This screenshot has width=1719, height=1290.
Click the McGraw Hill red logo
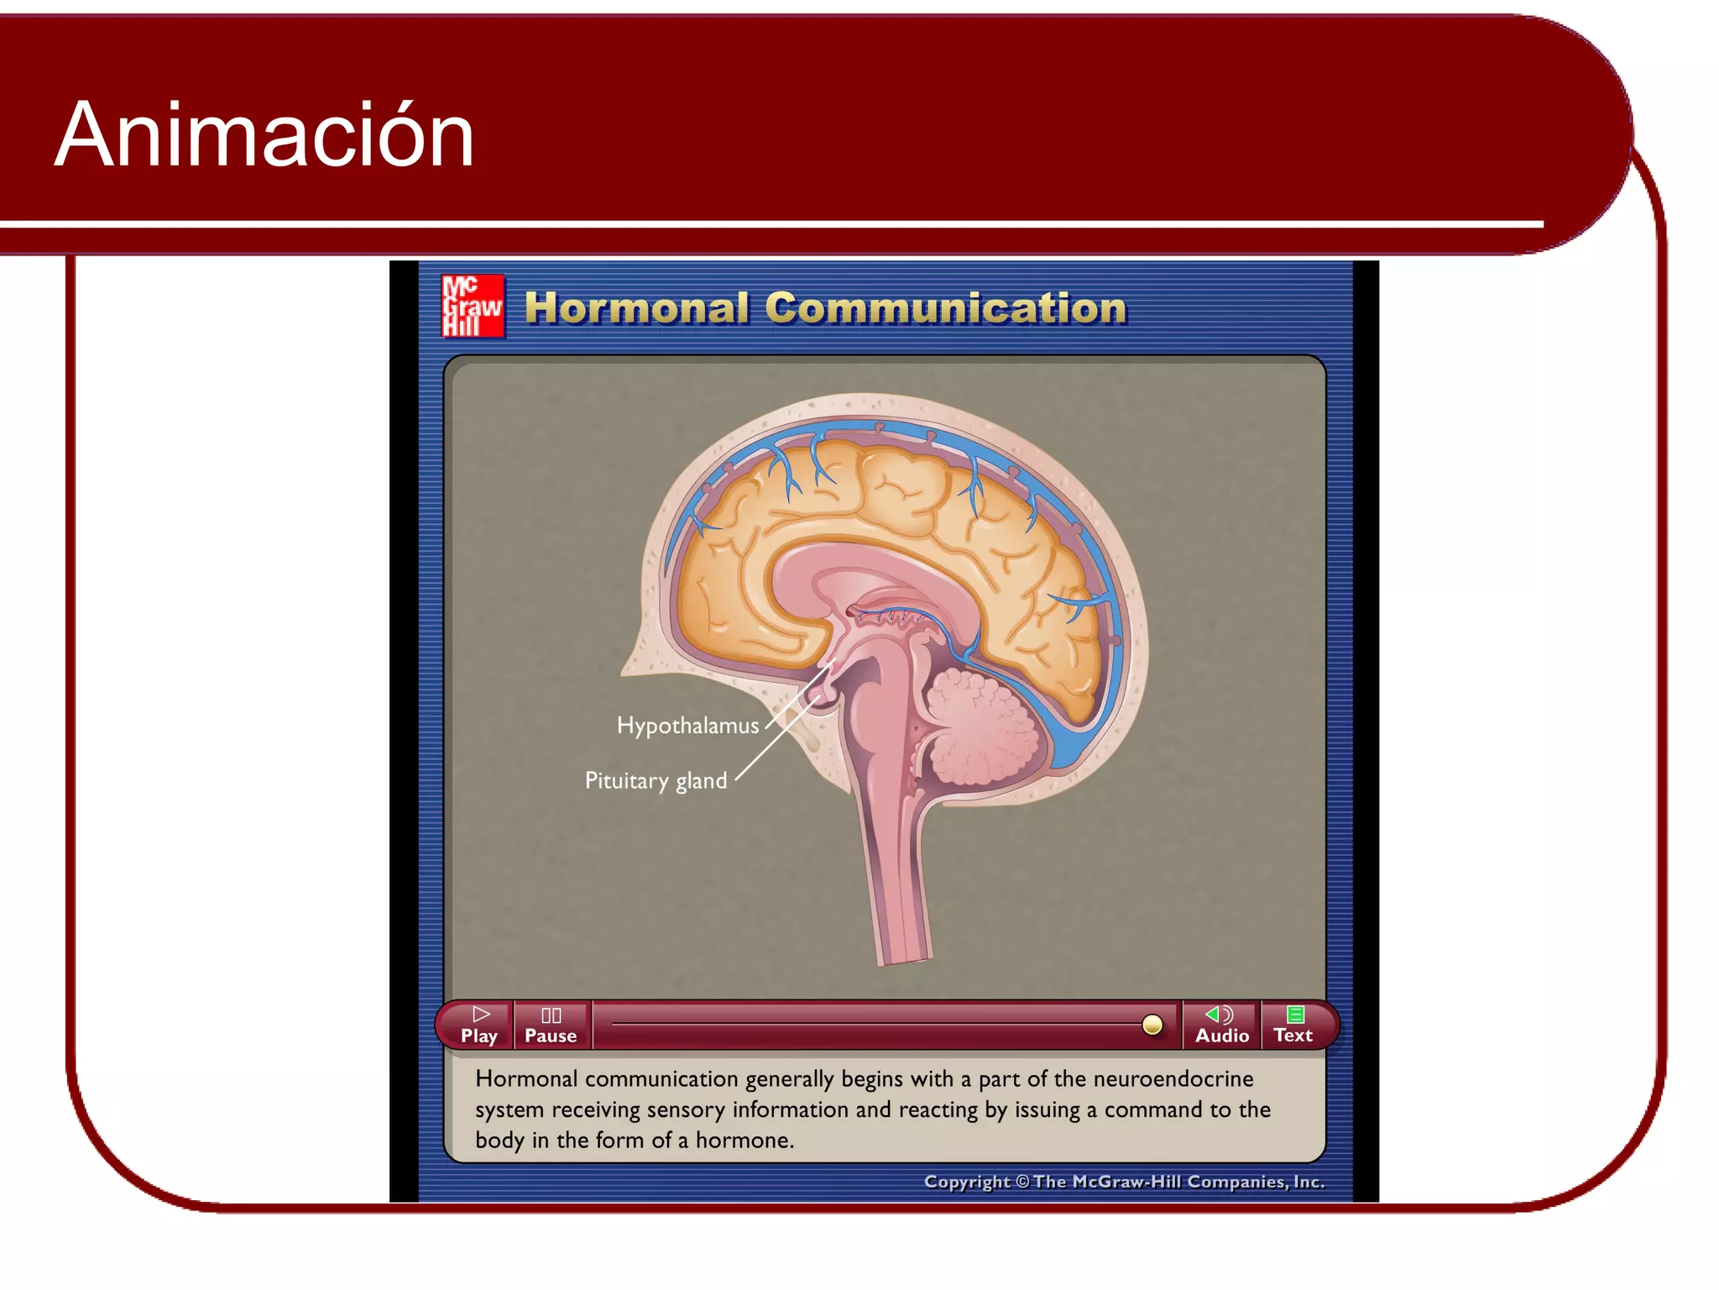point(473,307)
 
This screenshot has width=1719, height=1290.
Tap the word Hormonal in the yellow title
point(636,308)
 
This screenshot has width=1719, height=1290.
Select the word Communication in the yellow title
point(945,308)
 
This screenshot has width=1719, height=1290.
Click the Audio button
point(1221,1025)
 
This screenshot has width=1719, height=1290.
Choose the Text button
point(1293,1025)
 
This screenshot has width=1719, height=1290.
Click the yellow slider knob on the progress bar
point(1152,1025)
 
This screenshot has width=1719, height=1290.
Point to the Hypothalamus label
point(687,726)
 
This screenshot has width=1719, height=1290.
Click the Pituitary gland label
point(656,780)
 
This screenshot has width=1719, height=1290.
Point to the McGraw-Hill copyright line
point(1124,1182)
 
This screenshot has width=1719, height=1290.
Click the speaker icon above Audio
point(1220,1015)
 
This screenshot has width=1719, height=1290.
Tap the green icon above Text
point(1295,1015)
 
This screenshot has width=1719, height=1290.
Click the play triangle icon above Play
point(481,1015)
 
